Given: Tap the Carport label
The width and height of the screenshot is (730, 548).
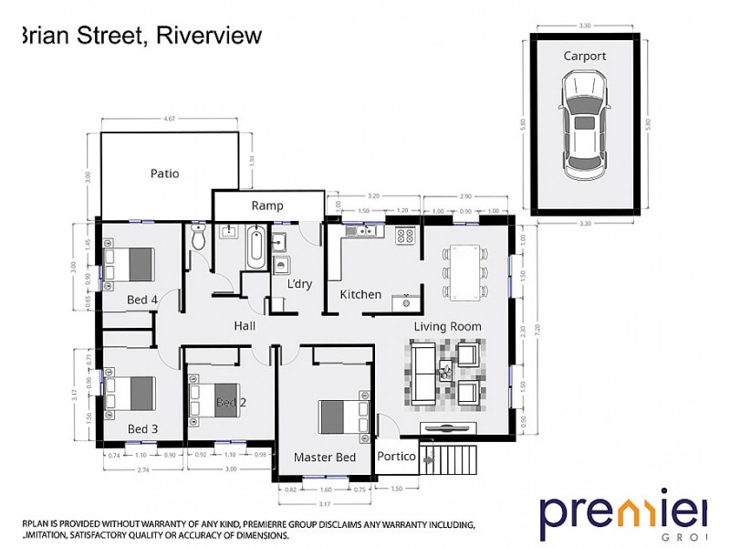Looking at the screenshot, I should (584, 56).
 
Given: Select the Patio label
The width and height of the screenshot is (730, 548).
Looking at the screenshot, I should (164, 174).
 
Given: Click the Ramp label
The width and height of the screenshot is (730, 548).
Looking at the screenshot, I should (267, 205).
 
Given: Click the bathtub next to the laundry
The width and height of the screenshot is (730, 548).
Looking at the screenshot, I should (255, 249).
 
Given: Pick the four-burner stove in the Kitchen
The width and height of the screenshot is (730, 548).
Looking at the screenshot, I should (404, 236).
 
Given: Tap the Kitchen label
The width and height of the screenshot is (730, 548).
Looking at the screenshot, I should (360, 295).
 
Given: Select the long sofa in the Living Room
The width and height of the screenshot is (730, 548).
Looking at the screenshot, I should (422, 372).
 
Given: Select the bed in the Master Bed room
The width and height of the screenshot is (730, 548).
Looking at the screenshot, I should (342, 416).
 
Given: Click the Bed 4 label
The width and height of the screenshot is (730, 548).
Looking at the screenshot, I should (142, 300).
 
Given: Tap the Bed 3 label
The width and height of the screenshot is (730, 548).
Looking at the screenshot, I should (142, 428).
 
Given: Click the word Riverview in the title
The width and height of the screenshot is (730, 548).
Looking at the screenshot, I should (209, 36).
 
